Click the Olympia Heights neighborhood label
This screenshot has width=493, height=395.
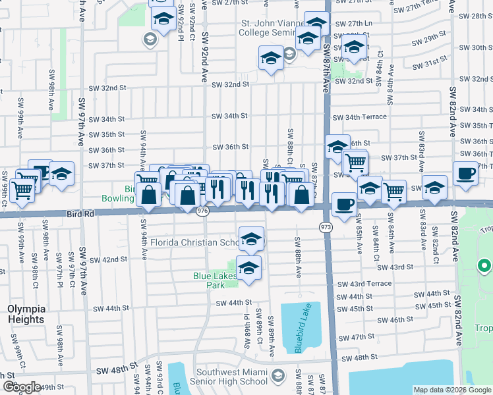tap(26, 314)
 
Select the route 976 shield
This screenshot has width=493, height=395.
tap(202, 210)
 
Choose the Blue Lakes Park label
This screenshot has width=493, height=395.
tap(214, 280)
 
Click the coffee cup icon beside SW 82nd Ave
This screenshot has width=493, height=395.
tap(466, 173)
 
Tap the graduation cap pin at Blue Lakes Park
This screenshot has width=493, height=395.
tap(248, 268)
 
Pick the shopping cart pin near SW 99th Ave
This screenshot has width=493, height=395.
tap(22, 191)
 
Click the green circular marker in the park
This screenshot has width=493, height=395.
tap(484, 267)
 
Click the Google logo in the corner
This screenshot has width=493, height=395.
tap(22, 387)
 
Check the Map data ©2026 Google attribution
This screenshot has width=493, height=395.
tap(451, 390)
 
